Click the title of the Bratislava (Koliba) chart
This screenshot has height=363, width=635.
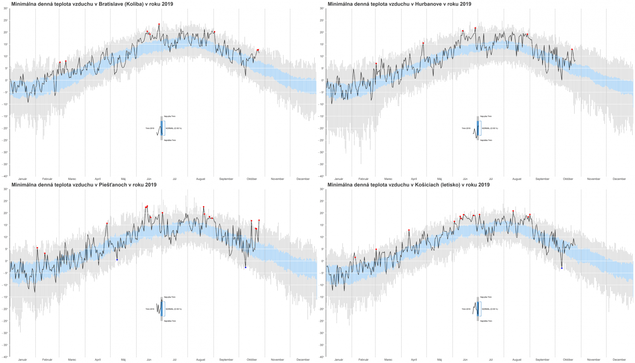pos(92,4)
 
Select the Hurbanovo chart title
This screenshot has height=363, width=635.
pos(399,4)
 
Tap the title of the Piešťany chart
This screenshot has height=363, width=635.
pos(84,185)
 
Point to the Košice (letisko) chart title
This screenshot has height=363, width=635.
pos(408,185)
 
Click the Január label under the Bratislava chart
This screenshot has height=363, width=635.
pos(23,179)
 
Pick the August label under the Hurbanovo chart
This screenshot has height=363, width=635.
pos(517,179)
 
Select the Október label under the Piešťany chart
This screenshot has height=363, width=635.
pos(252,360)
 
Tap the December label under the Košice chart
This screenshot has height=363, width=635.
pos(619,360)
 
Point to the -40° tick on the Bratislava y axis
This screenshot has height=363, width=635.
pos(6,176)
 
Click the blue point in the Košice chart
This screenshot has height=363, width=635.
pos(562,268)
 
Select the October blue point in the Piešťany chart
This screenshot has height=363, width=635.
pos(246,267)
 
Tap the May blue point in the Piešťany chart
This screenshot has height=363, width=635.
pos(117,260)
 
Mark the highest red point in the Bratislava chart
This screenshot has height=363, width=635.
pos(159,24)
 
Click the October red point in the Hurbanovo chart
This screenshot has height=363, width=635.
pos(572,49)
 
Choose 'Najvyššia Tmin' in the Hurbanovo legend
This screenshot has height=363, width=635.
pos(486,116)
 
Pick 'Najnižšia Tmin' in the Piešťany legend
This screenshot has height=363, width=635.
pos(169,321)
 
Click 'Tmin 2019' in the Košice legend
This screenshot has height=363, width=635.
pos(466,309)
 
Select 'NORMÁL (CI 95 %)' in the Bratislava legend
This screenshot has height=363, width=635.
pos(173,128)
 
